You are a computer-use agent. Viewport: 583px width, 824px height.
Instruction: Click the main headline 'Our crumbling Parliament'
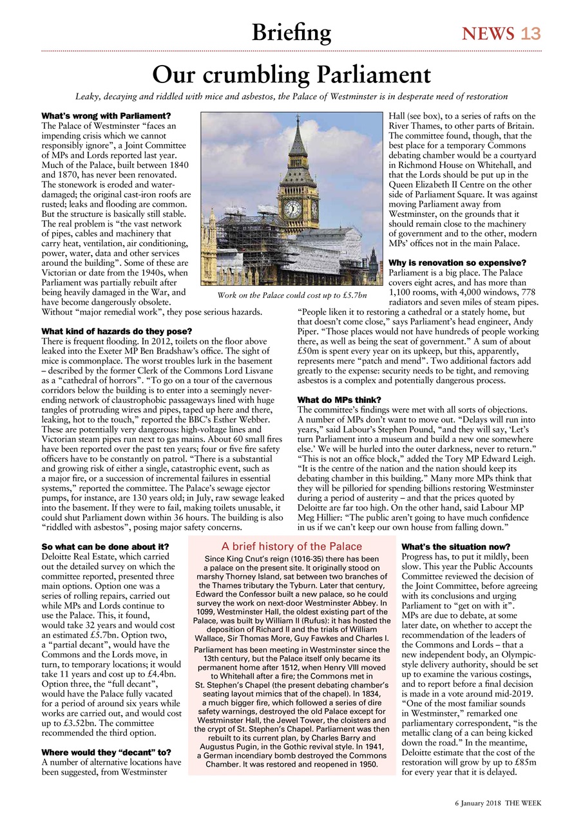291,75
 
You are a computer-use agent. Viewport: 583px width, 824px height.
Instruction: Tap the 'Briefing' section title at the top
291,32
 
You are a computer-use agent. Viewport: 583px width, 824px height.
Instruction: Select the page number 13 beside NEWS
531,33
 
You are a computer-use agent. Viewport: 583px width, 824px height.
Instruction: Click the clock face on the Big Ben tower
292,208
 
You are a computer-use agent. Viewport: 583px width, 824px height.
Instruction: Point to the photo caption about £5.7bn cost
292,295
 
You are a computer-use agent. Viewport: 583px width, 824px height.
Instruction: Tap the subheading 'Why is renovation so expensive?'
457,263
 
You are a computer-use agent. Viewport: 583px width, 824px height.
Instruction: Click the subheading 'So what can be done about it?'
105,547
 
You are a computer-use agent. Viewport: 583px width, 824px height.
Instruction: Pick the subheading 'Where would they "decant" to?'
106,752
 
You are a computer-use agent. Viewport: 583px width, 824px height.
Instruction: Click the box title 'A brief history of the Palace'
292,547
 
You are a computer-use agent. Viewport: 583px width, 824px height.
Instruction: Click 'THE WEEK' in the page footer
523,803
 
